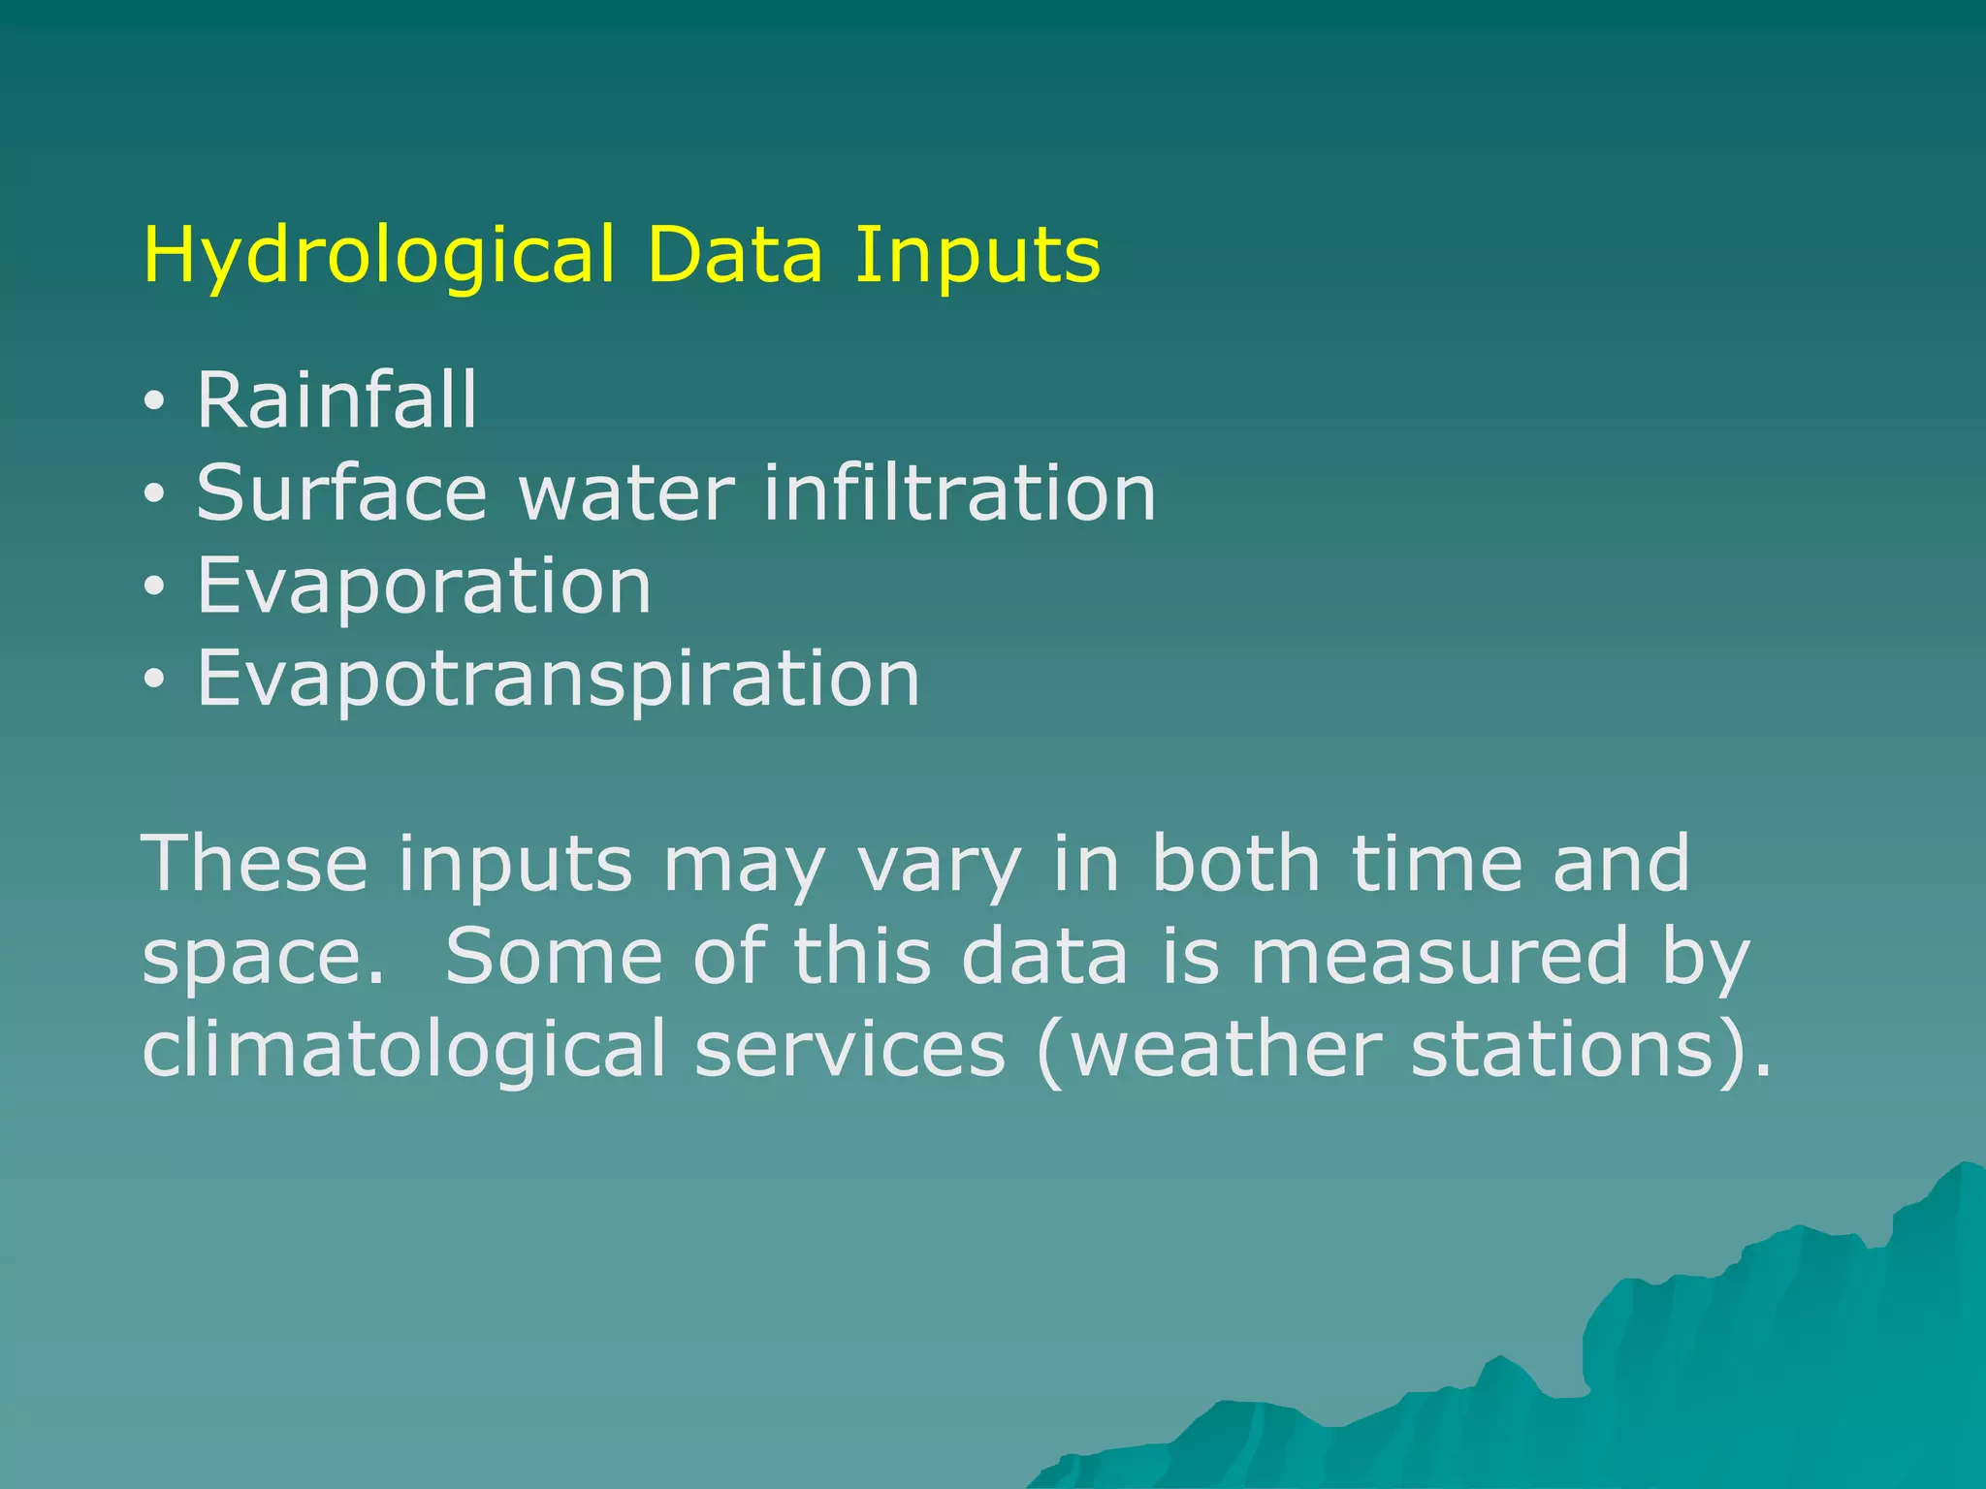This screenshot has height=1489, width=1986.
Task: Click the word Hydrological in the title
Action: (x=378, y=256)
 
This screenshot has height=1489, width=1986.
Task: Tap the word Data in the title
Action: (x=734, y=256)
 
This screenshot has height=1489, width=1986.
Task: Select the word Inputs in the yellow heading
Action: (x=977, y=256)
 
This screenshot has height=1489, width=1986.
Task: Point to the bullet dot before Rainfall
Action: (x=154, y=402)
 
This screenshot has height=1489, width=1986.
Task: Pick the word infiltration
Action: (x=959, y=492)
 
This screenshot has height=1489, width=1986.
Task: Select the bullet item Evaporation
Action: (x=424, y=586)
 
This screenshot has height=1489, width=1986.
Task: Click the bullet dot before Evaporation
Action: (x=154, y=588)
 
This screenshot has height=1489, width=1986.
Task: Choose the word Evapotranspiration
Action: (x=558, y=680)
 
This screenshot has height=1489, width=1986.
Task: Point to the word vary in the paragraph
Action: (x=940, y=865)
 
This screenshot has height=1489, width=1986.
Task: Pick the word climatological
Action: (x=403, y=1049)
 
